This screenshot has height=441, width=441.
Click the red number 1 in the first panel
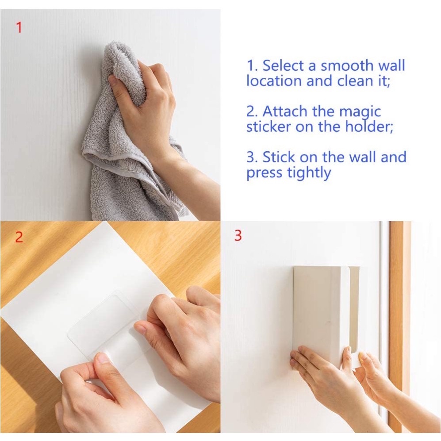[19, 27]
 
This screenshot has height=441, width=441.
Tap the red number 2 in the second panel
[19, 237]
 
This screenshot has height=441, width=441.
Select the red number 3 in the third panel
[238, 235]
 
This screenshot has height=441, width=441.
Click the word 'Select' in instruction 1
[283, 65]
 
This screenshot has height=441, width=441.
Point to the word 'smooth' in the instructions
[347, 65]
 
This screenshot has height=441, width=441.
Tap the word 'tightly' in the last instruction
[309, 173]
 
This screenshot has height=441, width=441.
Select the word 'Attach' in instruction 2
[284, 111]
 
